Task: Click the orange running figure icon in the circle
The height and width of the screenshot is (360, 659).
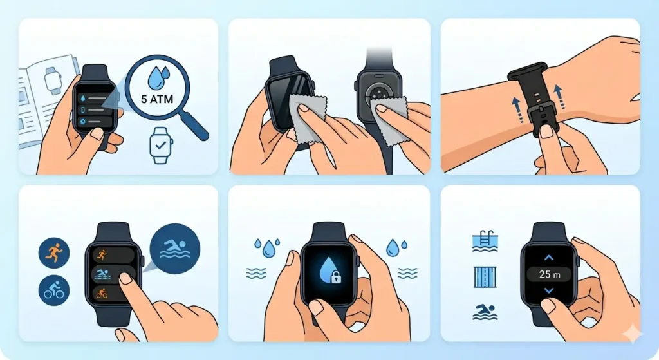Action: pyautogui.click(x=52, y=252)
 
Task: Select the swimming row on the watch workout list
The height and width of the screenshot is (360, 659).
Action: pyautogui.click(x=113, y=274)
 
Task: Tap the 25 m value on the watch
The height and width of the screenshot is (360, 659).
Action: pyautogui.click(x=548, y=274)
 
